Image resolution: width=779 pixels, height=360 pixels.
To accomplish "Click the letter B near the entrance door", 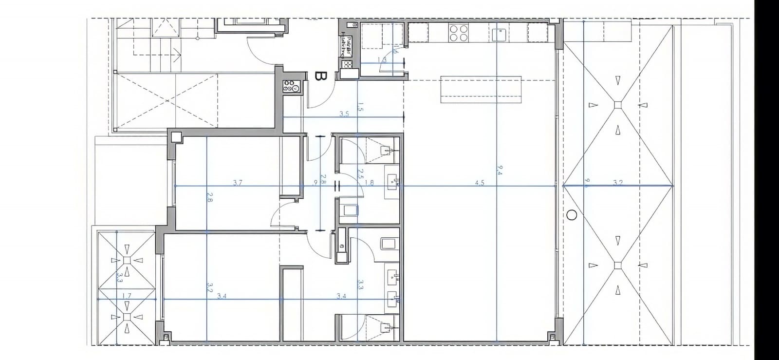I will coord(320,76).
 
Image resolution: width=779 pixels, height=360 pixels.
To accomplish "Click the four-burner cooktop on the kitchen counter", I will coord(459,33).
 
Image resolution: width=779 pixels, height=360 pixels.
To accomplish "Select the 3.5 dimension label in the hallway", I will coord(344,114).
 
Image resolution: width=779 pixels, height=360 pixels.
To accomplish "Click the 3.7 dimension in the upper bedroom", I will coord(238,183).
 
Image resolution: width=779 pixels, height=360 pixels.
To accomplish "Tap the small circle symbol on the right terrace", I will coord(572,214).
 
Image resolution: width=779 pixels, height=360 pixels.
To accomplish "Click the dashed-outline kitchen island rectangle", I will coord(481,89).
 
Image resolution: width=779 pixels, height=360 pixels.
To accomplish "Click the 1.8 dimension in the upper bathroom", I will coord(369,183).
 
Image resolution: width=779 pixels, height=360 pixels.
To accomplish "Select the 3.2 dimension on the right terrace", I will coord(618,183).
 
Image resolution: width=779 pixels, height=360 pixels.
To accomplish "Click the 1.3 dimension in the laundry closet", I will coord(382,59).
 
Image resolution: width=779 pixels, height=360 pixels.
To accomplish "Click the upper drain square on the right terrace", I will coord(618,104).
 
